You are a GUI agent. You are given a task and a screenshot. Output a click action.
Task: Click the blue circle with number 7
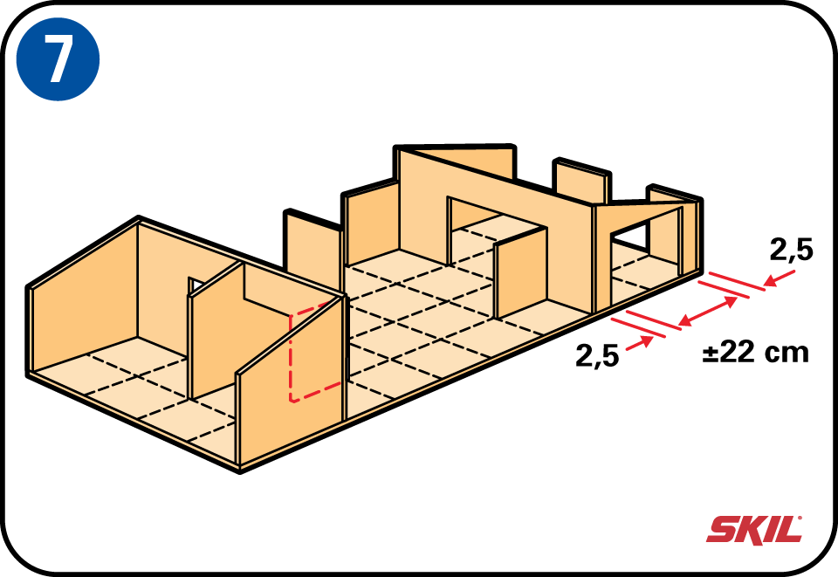tap(58, 58)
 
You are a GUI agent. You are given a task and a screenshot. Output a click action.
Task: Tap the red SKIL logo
tap(754, 529)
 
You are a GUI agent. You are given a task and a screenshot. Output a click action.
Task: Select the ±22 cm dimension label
tap(756, 352)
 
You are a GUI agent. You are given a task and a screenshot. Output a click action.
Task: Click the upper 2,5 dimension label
tap(792, 250)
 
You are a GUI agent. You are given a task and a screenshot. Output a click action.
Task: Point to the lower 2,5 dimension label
tap(597, 355)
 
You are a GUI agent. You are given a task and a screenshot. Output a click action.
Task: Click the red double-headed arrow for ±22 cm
tap(709, 311)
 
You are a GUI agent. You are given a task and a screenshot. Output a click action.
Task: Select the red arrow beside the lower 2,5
tap(640, 344)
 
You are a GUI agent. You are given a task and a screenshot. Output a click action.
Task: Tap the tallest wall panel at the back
tap(457, 161)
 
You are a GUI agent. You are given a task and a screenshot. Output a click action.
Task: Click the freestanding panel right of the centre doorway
tap(521, 273)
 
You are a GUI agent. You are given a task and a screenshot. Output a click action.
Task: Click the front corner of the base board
tap(240, 471)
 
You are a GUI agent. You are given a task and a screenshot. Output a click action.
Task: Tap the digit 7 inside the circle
tap(58, 58)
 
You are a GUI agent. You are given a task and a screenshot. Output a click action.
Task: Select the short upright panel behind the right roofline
tap(583, 182)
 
